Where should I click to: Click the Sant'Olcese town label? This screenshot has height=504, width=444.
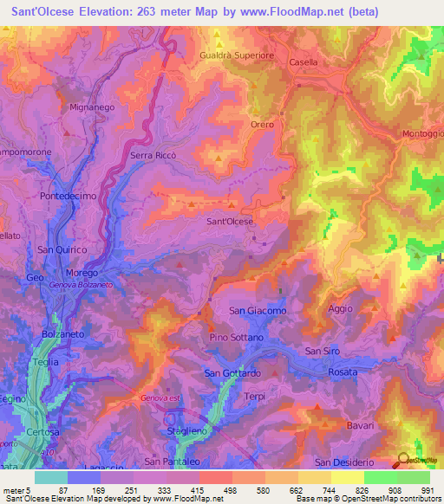(229, 222)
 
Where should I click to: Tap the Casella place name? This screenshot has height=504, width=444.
(304, 62)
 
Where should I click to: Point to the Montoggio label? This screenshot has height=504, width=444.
(421, 133)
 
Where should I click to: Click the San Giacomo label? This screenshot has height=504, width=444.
(258, 310)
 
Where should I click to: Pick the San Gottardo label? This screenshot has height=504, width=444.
(232, 373)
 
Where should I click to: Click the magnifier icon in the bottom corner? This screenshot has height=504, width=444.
(402, 462)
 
